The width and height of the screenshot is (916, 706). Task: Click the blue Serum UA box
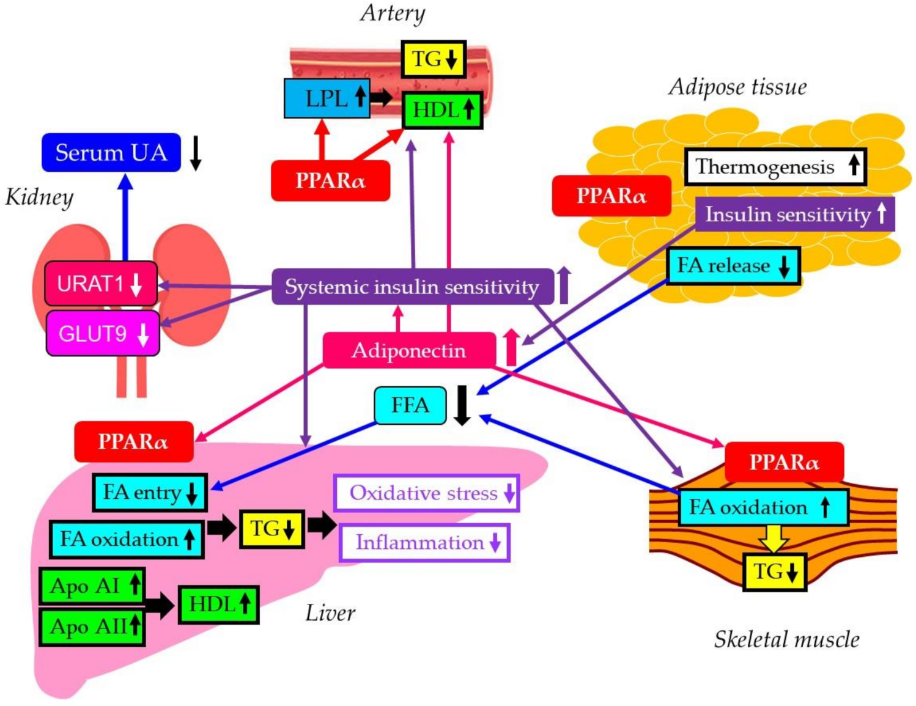111,152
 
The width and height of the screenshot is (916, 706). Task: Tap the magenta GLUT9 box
103,334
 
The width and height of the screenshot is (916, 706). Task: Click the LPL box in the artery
327,98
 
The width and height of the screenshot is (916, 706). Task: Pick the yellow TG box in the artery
434,59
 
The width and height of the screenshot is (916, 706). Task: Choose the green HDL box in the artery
442,110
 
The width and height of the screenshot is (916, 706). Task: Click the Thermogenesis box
775,166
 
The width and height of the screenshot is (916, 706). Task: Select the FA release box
733,266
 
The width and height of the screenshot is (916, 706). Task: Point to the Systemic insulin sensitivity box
412,287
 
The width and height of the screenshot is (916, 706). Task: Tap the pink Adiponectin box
408,350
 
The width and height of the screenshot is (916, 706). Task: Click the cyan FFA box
410,405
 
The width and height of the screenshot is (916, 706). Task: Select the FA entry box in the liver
150,493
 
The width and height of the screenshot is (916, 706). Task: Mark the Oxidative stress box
426,493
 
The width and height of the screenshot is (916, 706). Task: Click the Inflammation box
424,543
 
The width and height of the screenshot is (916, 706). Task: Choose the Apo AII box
92,626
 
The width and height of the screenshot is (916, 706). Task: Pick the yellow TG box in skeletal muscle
775,572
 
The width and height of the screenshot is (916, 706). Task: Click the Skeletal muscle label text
786,639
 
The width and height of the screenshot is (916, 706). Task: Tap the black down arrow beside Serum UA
196,153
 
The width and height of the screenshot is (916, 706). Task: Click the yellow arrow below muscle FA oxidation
774,539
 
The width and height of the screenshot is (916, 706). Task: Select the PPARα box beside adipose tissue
611,196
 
